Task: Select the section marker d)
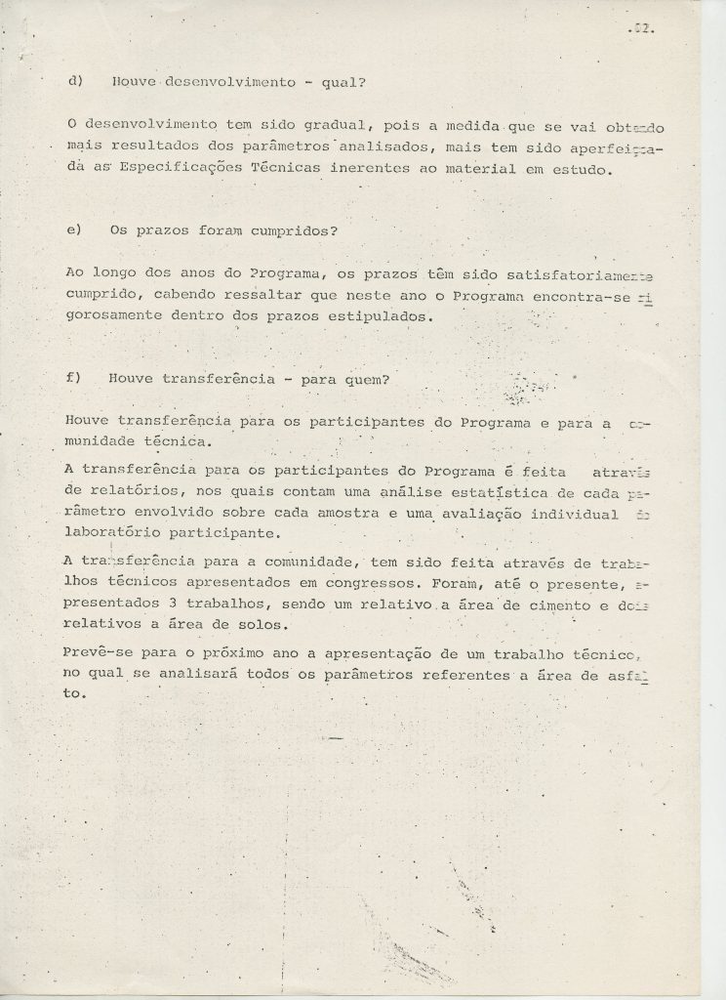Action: click(x=73, y=82)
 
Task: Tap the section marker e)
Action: click(x=73, y=230)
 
